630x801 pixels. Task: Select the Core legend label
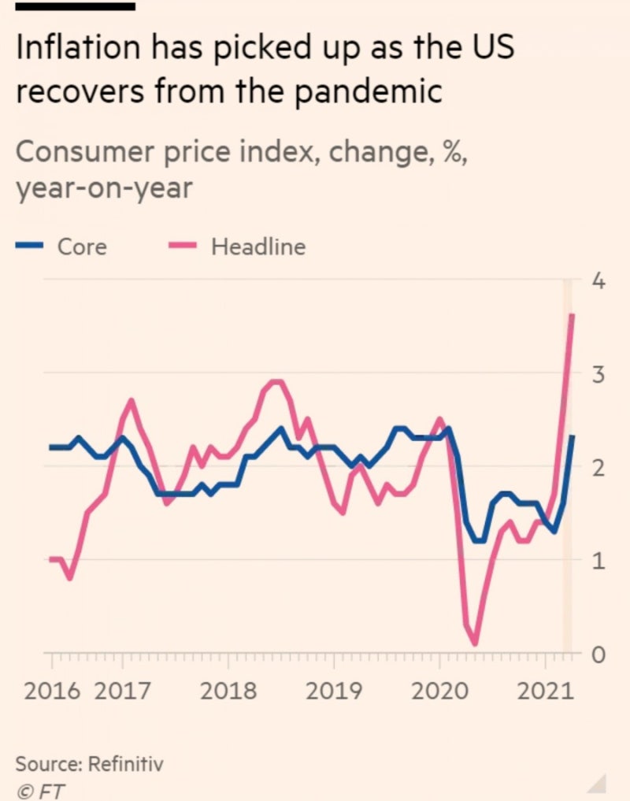click(82, 247)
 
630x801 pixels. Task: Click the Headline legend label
click(258, 247)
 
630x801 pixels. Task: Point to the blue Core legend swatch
click(29, 247)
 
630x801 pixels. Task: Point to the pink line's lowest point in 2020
click(475, 643)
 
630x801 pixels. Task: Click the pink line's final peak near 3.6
click(571, 316)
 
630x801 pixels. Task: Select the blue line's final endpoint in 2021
click(572, 436)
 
